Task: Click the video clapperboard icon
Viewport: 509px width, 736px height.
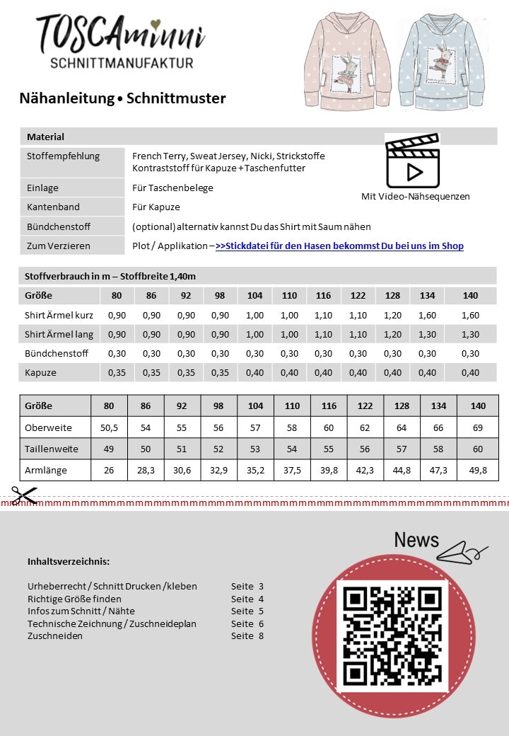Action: [x=413, y=161]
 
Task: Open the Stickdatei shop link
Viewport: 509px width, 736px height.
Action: [x=339, y=246]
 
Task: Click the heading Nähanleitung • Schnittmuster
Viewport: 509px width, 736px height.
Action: [x=123, y=98]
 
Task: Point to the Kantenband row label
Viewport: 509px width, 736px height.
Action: [x=53, y=207]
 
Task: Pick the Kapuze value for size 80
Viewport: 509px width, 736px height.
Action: [x=117, y=372]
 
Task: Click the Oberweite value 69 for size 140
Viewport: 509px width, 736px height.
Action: [x=478, y=427]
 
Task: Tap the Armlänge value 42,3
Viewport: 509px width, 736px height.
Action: [x=365, y=470]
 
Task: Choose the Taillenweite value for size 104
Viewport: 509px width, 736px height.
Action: [x=255, y=449]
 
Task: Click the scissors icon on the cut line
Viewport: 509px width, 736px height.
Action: [x=23, y=495]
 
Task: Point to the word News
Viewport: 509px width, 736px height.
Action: [x=416, y=540]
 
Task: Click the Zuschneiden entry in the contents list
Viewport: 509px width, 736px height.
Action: [x=55, y=636]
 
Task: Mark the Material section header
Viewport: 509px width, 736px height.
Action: [x=46, y=137]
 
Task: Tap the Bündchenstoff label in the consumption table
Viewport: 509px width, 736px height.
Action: [x=57, y=353]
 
